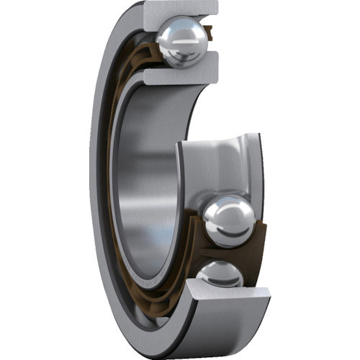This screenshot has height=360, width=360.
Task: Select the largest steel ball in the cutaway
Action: click(x=230, y=221)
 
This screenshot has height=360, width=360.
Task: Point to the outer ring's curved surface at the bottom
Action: click(x=173, y=338)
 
